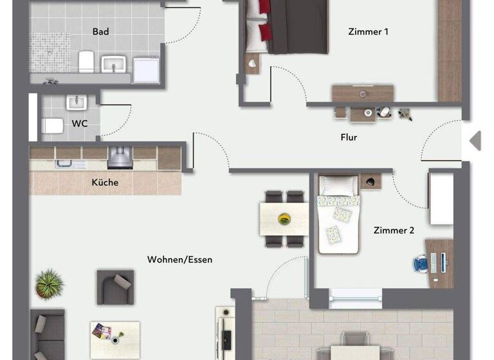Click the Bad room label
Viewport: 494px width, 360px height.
[x=101, y=32]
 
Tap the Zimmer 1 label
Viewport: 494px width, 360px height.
[x=368, y=32]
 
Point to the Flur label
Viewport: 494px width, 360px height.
[x=349, y=137]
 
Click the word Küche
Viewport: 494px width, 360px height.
[x=105, y=183]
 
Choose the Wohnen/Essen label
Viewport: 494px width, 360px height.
[x=179, y=260]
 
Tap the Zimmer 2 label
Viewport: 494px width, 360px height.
[x=394, y=230]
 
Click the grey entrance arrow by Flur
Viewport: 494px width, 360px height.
[x=475, y=141]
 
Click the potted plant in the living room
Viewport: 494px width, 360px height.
[x=50, y=283]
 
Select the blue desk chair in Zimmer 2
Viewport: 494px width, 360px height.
[x=421, y=264]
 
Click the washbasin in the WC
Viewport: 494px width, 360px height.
[x=76, y=103]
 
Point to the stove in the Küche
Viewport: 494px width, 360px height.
[x=120, y=157]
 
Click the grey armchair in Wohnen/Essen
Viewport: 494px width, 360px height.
[x=116, y=286]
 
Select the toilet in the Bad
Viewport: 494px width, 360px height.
[x=86, y=62]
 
